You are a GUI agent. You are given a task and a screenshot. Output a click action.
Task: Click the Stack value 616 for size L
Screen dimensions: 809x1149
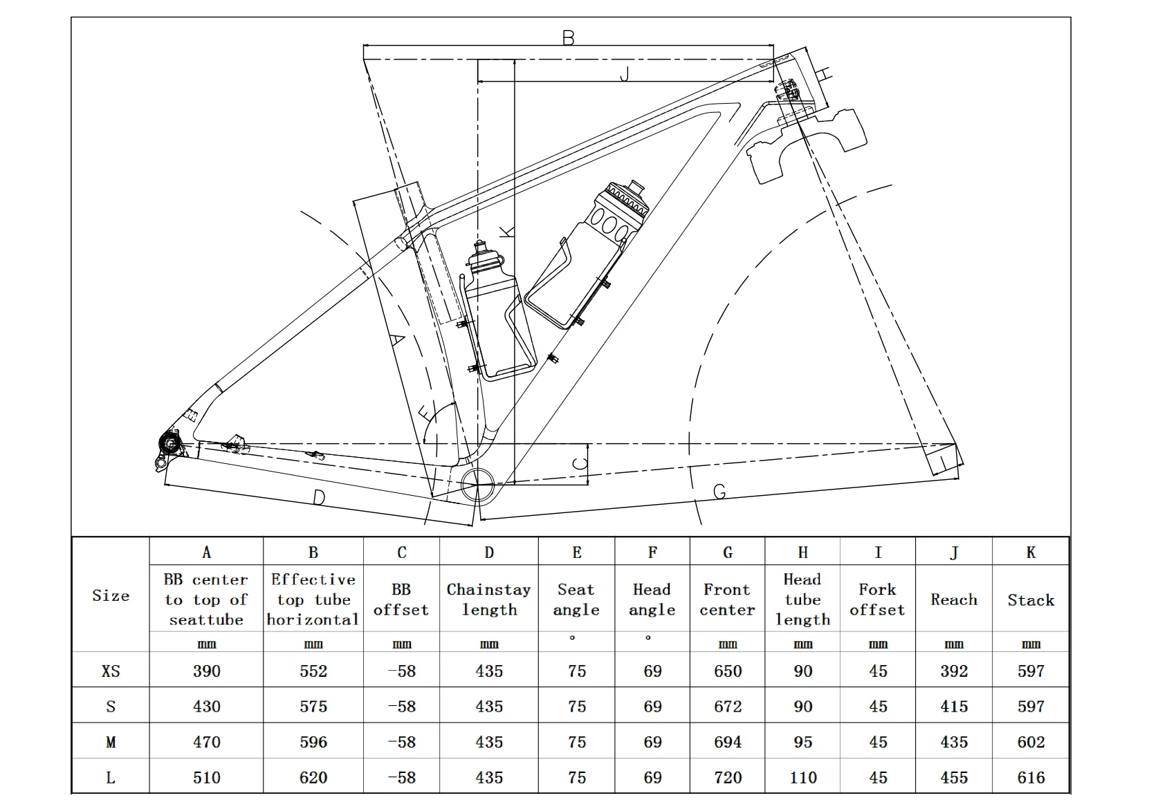pyautogui.click(x=1030, y=777)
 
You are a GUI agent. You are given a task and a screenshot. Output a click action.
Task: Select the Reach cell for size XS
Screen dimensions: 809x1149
pyautogui.click(x=953, y=671)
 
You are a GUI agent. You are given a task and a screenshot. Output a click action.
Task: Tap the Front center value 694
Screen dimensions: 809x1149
pyautogui.click(x=727, y=742)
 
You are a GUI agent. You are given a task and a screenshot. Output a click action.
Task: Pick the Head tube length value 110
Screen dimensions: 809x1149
pyautogui.click(x=802, y=777)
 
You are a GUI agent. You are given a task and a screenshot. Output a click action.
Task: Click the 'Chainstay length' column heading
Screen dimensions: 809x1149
pyautogui.click(x=488, y=599)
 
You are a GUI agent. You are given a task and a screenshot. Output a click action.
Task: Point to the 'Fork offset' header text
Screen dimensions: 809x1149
pyautogui.click(x=877, y=599)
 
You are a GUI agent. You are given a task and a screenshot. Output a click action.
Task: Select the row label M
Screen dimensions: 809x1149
pyautogui.click(x=111, y=742)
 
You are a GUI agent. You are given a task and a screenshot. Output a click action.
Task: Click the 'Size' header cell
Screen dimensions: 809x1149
pyautogui.click(x=111, y=595)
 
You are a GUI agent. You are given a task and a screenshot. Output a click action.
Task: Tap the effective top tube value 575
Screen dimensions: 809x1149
pyautogui.click(x=313, y=706)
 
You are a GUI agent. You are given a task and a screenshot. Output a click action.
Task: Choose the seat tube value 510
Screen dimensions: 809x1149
pyautogui.click(x=206, y=777)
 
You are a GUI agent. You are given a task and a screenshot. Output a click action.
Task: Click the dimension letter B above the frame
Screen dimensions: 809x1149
pyautogui.click(x=568, y=38)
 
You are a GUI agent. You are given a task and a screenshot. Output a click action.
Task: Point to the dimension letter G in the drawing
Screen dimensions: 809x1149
pyautogui.click(x=719, y=492)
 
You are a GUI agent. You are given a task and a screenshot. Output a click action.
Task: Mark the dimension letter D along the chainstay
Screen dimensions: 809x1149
pyautogui.click(x=319, y=497)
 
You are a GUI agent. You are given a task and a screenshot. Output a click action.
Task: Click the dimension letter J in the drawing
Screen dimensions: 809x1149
pyautogui.click(x=625, y=74)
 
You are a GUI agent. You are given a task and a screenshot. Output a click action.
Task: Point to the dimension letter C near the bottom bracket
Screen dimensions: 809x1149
pyautogui.click(x=580, y=464)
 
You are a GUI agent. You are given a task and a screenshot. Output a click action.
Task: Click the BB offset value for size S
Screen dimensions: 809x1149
pyautogui.click(x=401, y=706)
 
